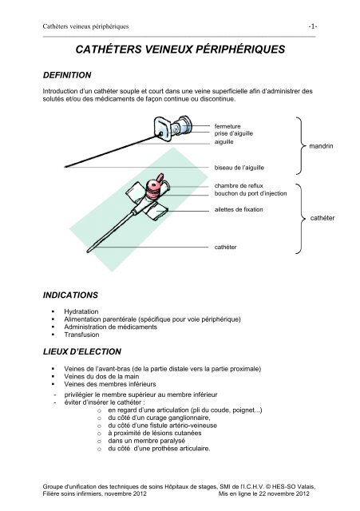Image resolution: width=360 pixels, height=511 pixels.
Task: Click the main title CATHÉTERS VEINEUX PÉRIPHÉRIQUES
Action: (180, 50)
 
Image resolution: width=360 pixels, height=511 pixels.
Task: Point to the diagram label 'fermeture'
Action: (231, 125)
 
